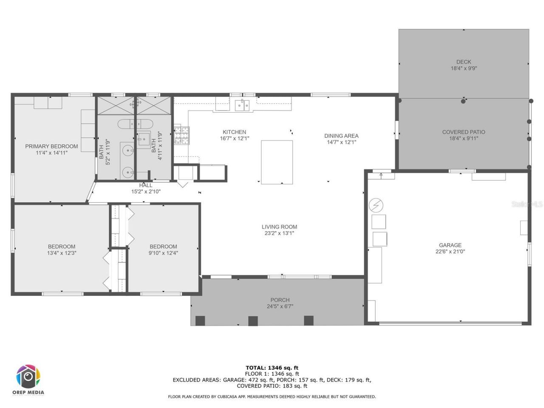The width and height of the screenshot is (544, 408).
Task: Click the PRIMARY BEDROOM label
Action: pos(51,146)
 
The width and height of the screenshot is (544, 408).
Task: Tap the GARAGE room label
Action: pos(450,245)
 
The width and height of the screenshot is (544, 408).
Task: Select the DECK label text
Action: pos(464,62)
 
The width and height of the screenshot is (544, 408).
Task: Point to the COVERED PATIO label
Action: pos(464,132)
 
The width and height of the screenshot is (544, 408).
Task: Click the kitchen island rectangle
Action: pos(277,162)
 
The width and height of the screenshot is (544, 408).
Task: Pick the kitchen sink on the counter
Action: pos(243,105)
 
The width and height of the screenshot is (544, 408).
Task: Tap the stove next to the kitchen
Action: pos(182,136)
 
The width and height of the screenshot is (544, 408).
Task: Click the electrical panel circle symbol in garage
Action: pos(376,206)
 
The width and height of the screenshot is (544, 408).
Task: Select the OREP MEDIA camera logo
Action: pos(28,377)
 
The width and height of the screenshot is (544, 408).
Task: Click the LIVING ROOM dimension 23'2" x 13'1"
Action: pos(279,233)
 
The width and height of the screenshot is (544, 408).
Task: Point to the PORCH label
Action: pos(280,300)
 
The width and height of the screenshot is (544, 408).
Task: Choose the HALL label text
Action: pos(146,185)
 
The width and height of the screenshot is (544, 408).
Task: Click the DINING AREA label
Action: pos(341,136)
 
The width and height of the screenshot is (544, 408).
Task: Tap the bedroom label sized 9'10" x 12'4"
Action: pos(163,246)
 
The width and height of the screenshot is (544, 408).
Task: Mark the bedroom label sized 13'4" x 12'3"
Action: pos(62,246)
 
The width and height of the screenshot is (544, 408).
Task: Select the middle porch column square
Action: pos(253,321)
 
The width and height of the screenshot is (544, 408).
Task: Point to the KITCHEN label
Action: pos(234,132)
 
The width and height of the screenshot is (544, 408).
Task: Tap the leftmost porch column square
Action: pos(200,321)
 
